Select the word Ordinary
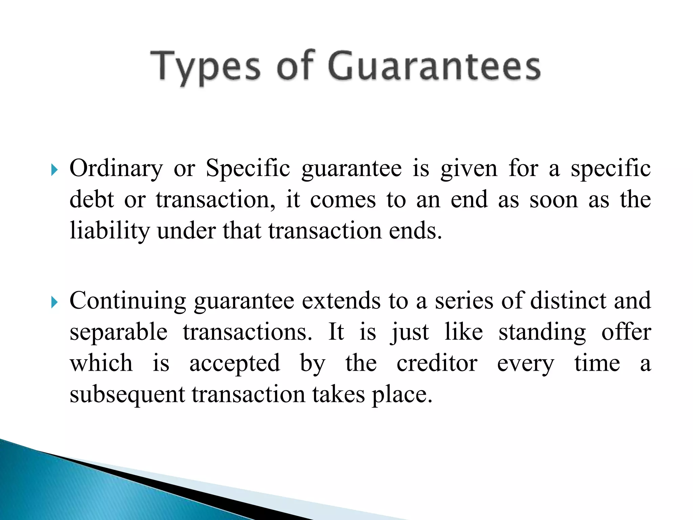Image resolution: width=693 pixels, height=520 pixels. pyautogui.click(x=116, y=169)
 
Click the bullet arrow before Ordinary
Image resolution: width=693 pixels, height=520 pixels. pyautogui.click(x=54, y=170)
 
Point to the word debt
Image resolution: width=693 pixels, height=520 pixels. pyautogui.click(x=91, y=200)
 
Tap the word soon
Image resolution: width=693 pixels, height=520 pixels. pyautogui.click(x=554, y=200)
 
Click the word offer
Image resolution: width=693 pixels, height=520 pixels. pyautogui.click(x=626, y=332)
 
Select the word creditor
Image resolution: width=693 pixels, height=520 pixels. pyautogui.click(x=437, y=363)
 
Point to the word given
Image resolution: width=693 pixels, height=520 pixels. pyautogui.click(x=469, y=169)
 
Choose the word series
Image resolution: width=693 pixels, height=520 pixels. pyautogui.click(x=464, y=301)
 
